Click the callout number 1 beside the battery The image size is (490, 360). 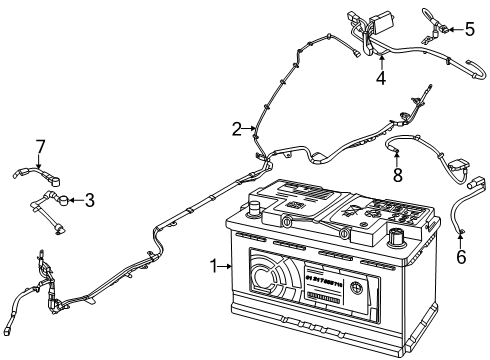212,266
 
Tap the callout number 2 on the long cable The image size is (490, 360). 237,128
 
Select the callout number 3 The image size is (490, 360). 89,200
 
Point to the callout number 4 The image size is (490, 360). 380,78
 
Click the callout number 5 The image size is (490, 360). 470,29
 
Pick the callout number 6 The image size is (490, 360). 461,256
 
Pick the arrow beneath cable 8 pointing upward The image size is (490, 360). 397,158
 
